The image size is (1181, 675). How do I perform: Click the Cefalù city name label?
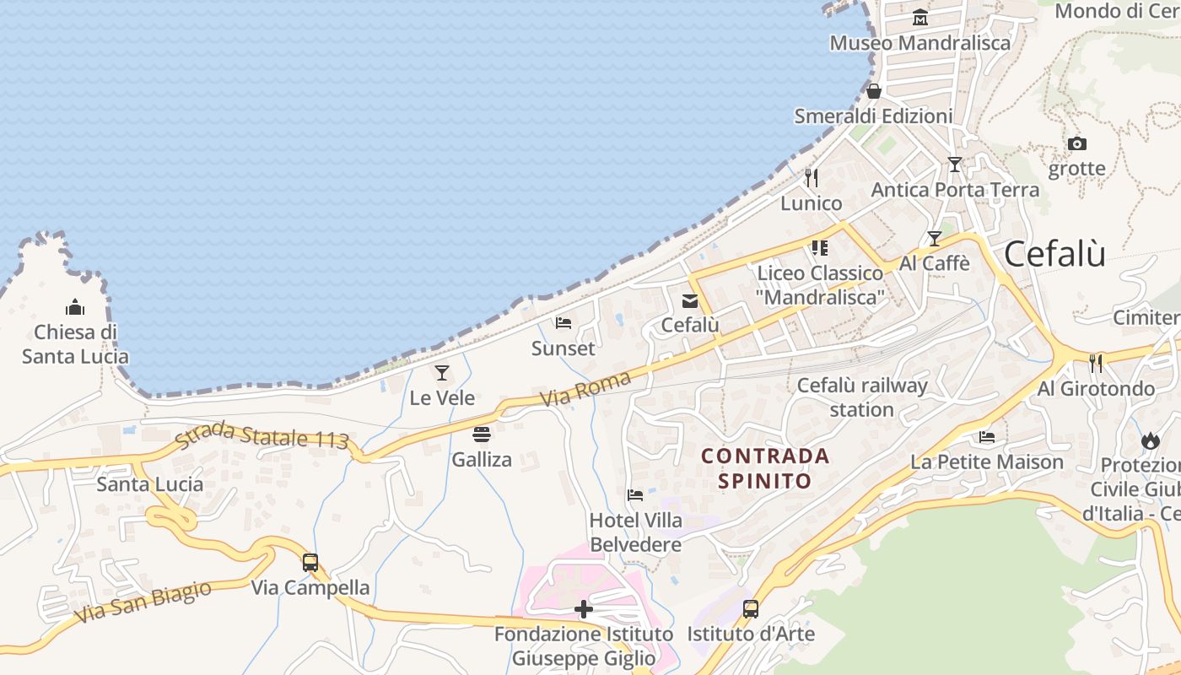tap(1054, 253)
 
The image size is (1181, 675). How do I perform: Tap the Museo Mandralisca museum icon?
tap(919, 18)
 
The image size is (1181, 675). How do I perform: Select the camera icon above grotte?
tap(1076, 144)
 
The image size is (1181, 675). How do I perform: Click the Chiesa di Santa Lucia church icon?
tap(75, 307)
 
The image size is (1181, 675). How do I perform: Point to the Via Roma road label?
tap(585, 389)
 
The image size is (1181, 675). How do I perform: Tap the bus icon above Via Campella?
tap(310, 562)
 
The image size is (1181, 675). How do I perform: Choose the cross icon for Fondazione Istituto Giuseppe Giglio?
tap(583, 609)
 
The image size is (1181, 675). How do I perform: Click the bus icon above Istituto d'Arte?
tap(750, 609)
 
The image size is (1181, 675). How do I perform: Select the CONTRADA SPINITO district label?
tap(766, 468)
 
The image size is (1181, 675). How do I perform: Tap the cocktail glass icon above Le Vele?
tap(442, 373)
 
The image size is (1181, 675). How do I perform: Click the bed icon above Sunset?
tap(564, 323)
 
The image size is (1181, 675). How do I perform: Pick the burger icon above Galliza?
tap(482, 435)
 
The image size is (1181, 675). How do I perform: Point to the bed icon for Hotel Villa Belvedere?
tap(635, 495)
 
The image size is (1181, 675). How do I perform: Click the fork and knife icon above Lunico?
tap(812, 178)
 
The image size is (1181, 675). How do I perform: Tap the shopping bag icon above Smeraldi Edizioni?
tap(874, 91)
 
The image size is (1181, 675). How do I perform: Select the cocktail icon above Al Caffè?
tap(934, 239)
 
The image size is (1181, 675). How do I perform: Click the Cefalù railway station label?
tap(862, 397)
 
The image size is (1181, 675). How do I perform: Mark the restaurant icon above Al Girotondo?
tap(1096, 364)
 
